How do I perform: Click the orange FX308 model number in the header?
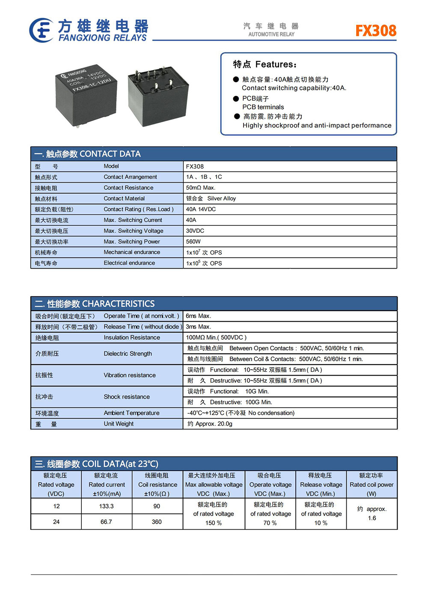(376, 31)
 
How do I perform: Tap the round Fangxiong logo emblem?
(41, 30)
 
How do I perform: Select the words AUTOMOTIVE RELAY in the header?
(271, 34)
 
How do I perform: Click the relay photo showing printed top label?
(86, 95)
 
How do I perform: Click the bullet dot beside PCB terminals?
(236, 98)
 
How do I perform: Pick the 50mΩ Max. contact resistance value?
(201, 188)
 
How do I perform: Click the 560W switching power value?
(193, 242)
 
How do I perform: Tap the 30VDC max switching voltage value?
(195, 231)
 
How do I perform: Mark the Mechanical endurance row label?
(132, 252)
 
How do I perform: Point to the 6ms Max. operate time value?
(199, 316)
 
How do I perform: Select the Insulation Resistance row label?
(132, 338)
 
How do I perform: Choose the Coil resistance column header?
(158, 485)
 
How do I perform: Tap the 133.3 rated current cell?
(107, 506)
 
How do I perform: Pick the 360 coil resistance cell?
(157, 522)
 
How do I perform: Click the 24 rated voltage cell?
(56, 522)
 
